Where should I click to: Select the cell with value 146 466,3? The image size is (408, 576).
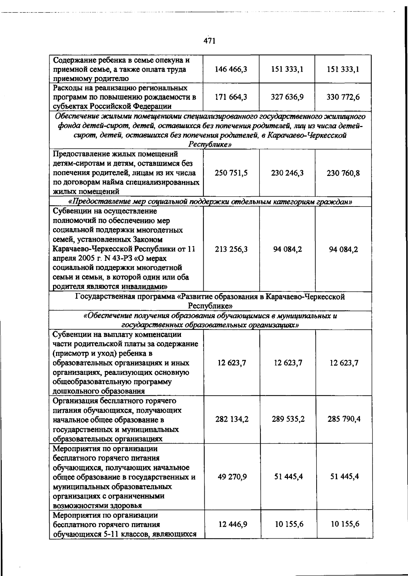pyautogui.click(x=231, y=69)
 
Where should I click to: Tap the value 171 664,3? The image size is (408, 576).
pyautogui.click(x=231, y=97)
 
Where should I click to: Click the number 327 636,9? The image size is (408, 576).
pyautogui.click(x=287, y=97)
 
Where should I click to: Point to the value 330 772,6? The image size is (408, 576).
pyautogui.click(x=343, y=97)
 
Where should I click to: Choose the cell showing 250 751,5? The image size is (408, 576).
pyautogui.click(x=231, y=173)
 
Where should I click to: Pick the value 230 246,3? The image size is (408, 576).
pyautogui.click(x=287, y=173)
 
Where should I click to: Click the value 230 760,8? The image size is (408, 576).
pyautogui.click(x=343, y=173)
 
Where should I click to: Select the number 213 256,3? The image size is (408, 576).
pyautogui.click(x=231, y=249)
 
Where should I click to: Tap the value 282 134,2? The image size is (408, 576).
pyautogui.click(x=232, y=419)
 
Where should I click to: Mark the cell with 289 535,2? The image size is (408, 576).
pyautogui.click(x=288, y=419)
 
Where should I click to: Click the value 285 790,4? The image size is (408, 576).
pyautogui.click(x=344, y=419)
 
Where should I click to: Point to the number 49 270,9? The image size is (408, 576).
pyautogui.click(x=233, y=476)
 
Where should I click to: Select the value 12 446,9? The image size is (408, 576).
pyautogui.click(x=233, y=524)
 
